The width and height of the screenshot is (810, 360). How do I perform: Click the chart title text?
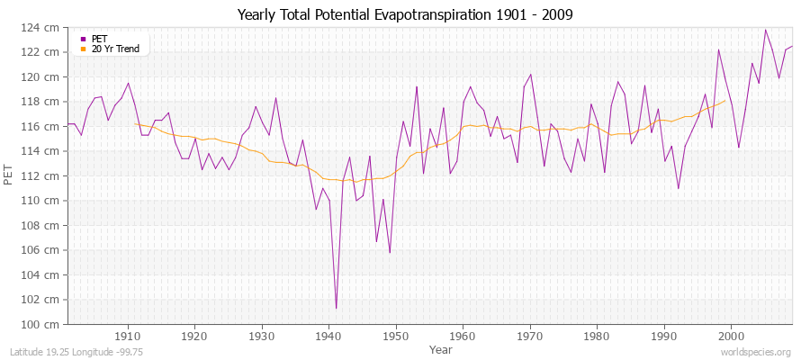pos(404,14)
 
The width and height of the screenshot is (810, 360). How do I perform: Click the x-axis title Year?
pos(441,348)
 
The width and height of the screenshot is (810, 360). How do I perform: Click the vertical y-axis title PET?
pos(10,175)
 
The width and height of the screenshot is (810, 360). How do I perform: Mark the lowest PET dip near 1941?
pos(336,308)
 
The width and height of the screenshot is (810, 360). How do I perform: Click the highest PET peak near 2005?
pos(765,31)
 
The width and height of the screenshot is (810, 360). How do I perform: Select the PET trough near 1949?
pos(390,252)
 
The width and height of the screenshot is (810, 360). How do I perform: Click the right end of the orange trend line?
pos(724,101)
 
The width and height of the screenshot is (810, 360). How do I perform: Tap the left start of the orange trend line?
pos(135,123)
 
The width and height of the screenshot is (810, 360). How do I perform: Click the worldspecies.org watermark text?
pos(755,352)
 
